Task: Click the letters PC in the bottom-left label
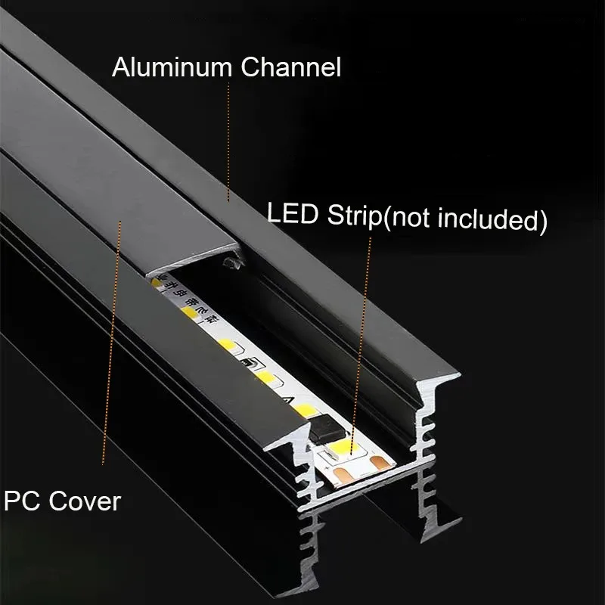(21, 500)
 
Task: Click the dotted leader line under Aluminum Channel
(228, 136)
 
